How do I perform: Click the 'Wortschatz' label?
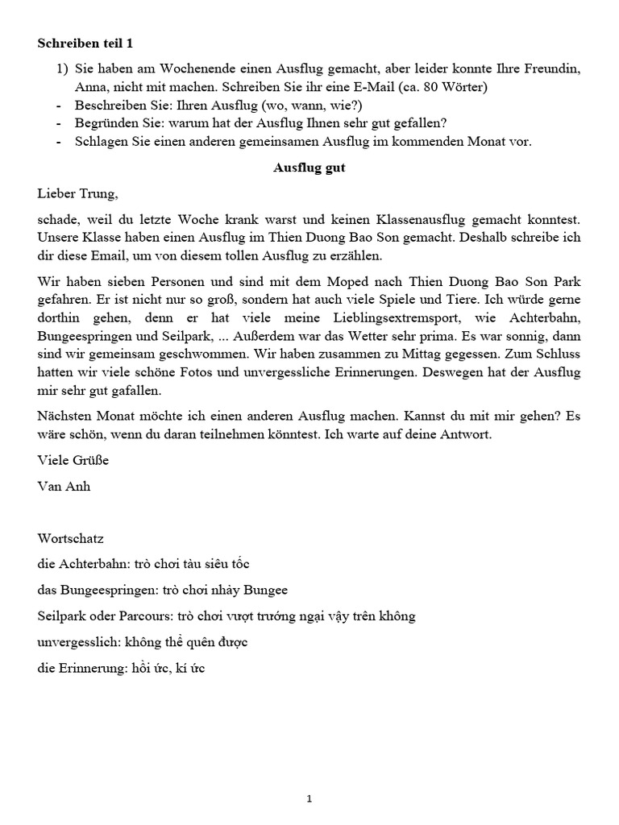[x=71, y=538]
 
